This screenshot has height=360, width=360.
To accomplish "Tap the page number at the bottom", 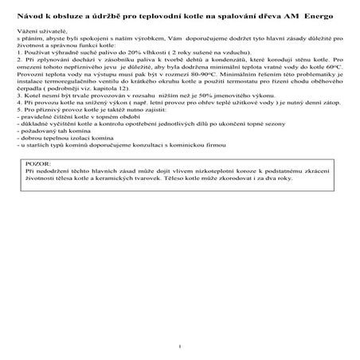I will click(182, 346).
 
